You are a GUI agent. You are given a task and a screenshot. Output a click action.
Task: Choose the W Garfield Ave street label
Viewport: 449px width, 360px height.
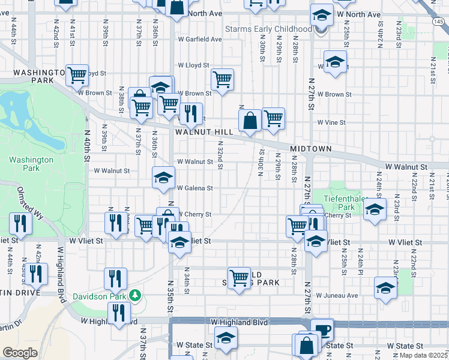click(199, 40)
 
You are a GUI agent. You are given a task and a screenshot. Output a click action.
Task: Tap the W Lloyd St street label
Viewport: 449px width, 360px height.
click(193, 65)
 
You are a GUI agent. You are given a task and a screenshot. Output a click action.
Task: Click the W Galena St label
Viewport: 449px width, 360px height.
click(194, 188)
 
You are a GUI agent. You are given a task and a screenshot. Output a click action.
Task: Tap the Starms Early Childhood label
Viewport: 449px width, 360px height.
click(268, 29)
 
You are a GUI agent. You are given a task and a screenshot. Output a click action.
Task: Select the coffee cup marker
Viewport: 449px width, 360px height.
click(322, 329)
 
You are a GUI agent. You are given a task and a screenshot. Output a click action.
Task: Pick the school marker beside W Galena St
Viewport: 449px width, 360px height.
click(162, 178)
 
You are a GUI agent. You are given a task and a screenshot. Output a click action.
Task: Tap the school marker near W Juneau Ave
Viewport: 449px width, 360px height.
click(385, 288)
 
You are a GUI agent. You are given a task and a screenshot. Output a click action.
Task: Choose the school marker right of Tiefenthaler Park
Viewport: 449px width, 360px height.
click(375, 210)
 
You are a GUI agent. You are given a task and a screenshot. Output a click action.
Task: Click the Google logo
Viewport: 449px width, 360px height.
click(20, 353)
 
